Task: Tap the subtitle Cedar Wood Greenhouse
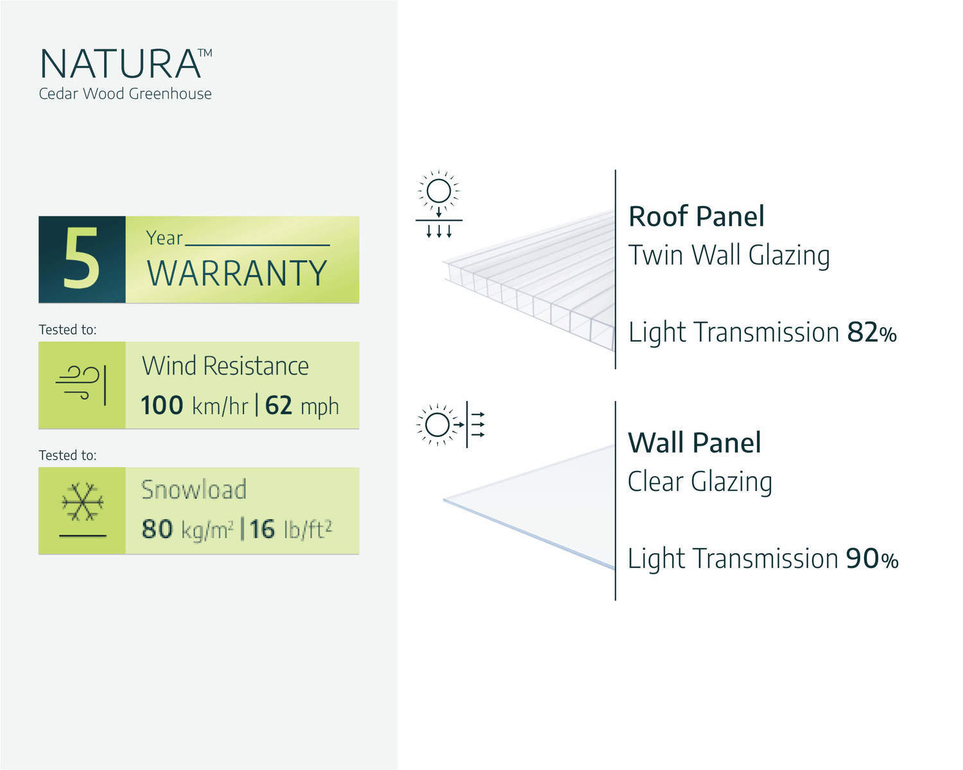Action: point(125,94)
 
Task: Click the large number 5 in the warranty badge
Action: point(82,260)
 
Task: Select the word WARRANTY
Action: point(237,273)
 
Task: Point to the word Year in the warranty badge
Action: point(164,238)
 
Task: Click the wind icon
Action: point(82,385)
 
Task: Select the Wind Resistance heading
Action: point(225,366)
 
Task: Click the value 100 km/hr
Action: point(194,406)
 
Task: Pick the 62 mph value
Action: point(302,406)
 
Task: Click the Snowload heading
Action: point(194,490)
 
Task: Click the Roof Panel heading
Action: point(697,216)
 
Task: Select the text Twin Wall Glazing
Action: point(729,255)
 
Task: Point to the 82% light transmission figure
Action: point(871,332)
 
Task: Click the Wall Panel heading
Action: point(695,443)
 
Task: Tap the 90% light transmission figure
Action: point(872,559)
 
